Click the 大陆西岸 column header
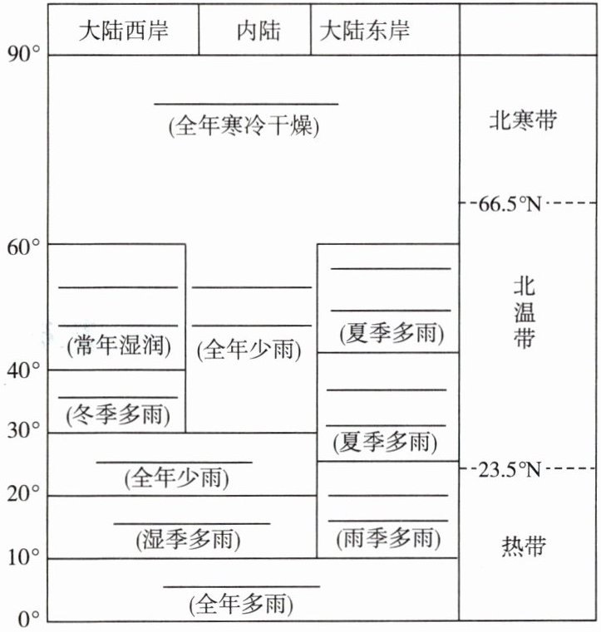pos(123,31)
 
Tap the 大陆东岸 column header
pos(366,31)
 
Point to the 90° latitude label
pos(23,55)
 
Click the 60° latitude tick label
pos(23,245)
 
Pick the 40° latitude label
pos(23,370)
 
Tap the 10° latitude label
pos(23,557)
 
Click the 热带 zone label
pos(524,546)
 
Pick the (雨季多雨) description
pos(388,538)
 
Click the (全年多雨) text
pos(242,603)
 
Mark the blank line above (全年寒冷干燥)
pos(246,104)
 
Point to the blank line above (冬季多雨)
pos(117,397)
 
